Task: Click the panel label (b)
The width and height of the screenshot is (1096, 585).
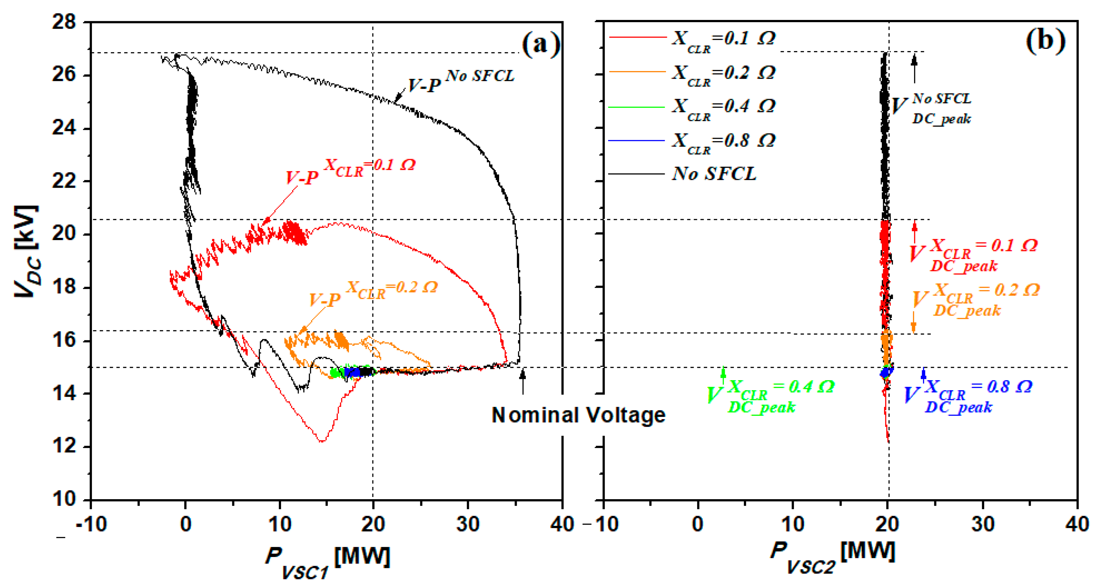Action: [1045, 41]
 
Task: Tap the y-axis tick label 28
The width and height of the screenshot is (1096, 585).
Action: [64, 22]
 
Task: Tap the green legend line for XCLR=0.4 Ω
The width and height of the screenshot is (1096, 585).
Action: [636, 107]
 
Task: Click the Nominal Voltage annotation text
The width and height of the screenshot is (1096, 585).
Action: [578, 415]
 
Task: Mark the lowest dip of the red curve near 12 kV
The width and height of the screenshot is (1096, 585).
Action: [322, 441]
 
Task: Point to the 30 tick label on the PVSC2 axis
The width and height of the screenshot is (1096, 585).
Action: [982, 524]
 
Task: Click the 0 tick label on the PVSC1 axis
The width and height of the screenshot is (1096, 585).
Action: [186, 524]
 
